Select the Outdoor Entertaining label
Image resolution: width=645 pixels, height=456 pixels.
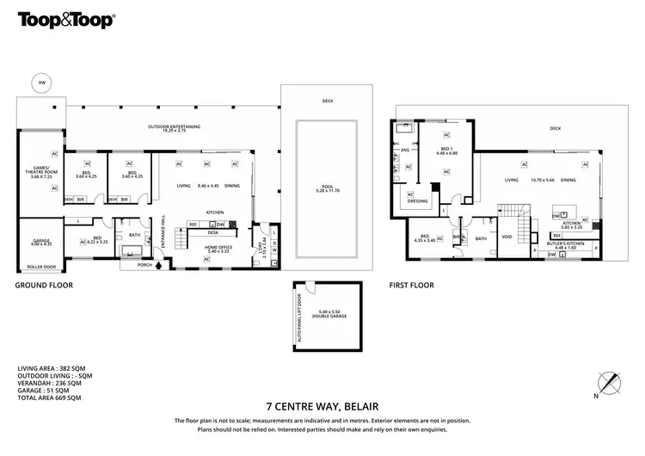175,128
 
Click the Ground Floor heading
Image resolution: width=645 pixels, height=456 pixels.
44,285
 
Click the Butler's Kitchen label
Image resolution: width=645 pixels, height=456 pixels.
565,243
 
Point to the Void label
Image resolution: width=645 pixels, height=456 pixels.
506,239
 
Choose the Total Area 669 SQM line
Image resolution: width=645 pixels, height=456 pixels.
49,398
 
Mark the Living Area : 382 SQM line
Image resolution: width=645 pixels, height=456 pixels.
49,368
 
